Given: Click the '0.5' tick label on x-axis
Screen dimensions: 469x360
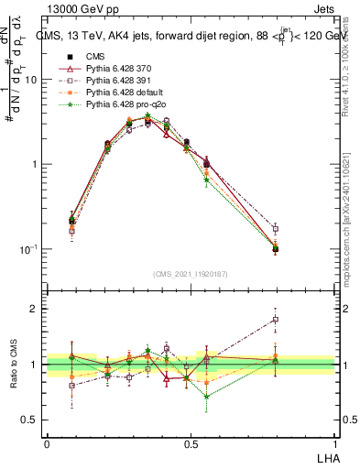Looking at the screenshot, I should click(x=191, y=442).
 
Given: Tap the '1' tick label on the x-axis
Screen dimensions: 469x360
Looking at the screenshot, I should click(x=334, y=442).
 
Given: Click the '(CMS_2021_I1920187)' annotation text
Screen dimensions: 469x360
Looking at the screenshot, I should click(x=191, y=273).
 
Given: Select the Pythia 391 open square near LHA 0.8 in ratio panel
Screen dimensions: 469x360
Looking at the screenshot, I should click(x=276, y=320).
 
